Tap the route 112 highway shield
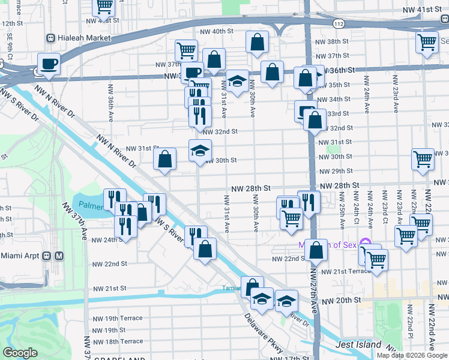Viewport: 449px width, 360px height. (338, 23)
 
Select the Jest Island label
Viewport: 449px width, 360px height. (359, 344)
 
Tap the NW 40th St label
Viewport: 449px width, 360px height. (214, 31)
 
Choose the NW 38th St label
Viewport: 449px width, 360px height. (334, 41)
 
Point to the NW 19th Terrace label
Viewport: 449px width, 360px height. (118, 318)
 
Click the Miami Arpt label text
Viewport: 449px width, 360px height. (20, 256)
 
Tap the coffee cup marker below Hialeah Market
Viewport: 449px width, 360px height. (48, 63)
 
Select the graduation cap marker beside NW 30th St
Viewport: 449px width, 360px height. (200, 150)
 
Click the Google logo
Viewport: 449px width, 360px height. (20, 352)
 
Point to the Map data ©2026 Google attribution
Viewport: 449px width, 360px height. (412, 355)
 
